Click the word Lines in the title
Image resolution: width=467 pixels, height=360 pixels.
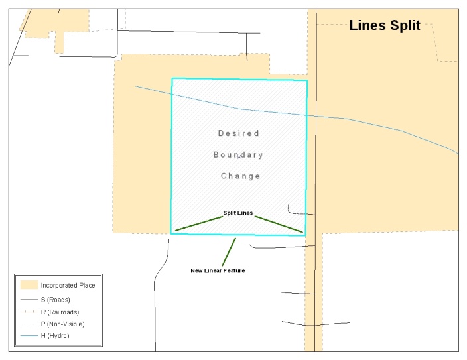(366, 26)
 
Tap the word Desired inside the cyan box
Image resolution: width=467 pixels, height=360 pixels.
(239, 133)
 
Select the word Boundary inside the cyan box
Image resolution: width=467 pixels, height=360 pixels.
(238, 155)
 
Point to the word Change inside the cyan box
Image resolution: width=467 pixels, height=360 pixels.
(240, 176)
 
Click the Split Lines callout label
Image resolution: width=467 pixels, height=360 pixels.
(237, 213)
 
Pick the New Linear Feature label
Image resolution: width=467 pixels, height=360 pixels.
(218, 270)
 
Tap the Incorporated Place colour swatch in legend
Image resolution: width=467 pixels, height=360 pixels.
(28, 285)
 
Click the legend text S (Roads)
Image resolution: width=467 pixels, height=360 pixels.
(55, 300)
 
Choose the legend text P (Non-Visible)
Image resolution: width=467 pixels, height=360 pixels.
(62, 324)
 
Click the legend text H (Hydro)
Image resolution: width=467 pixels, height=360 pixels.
(55, 335)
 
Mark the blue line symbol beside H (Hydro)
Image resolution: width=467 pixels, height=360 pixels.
(28, 335)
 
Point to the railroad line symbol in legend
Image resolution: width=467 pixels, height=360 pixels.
(28, 312)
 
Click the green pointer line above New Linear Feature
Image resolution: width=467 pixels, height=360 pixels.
(230, 251)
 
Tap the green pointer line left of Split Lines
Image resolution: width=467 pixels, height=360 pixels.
(198, 224)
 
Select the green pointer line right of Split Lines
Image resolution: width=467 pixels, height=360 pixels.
(279, 224)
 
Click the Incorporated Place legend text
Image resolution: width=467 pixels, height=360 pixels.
(68, 285)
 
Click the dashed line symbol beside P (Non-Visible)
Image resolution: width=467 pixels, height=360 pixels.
(28, 324)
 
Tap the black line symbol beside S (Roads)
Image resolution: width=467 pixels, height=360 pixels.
(28, 300)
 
